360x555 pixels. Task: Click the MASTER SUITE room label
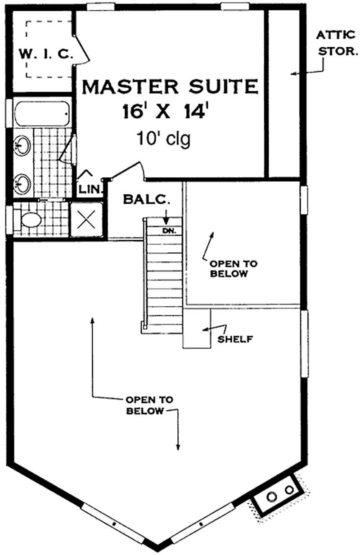pos(170,86)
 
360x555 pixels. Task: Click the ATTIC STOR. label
pos(337,43)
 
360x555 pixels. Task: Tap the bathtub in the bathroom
pos(42,114)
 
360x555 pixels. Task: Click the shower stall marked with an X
pos(87,220)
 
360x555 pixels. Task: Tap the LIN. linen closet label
pos(91,189)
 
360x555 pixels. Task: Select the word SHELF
pos(234,339)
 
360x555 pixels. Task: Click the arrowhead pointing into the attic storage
pos(293,74)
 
